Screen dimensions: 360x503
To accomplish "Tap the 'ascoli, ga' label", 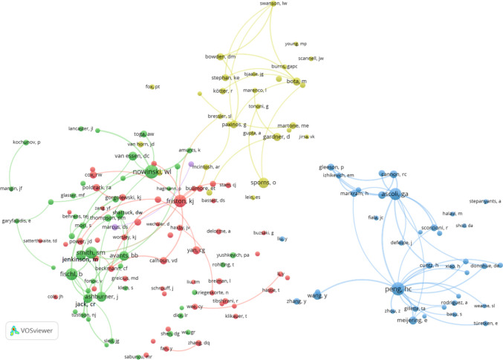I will (394, 194).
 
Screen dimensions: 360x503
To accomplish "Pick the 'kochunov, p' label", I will (27, 142).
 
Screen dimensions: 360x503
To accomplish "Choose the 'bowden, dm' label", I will (220, 57).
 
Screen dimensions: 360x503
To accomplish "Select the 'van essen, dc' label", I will (132, 156).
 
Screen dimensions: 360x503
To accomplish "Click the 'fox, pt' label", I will (152, 86).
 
